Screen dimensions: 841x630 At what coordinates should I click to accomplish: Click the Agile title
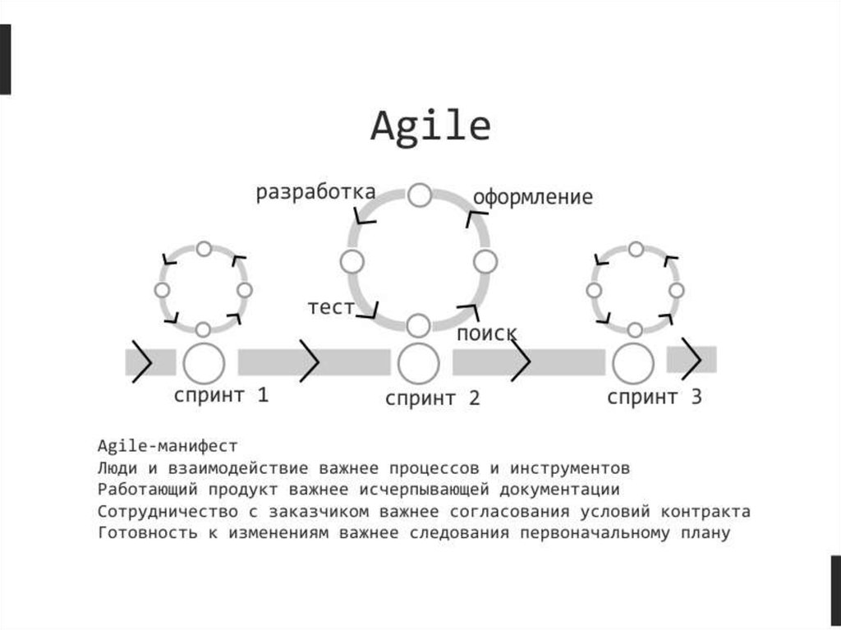(x=430, y=127)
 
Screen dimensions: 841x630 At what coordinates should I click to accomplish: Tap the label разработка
(x=315, y=192)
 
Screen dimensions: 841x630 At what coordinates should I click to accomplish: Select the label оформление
(x=532, y=198)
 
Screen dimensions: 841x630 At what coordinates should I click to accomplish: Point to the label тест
(x=331, y=307)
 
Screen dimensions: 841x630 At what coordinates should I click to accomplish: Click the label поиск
(x=487, y=333)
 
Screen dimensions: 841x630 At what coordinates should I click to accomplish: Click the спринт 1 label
(x=221, y=395)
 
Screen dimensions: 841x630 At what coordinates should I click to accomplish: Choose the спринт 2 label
(x=433, y=399)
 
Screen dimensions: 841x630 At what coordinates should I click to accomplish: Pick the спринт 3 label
(x=655, y=398)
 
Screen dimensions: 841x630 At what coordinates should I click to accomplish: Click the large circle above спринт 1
(x=203, y=362)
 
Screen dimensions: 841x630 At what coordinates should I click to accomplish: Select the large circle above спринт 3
(x=633, y=364)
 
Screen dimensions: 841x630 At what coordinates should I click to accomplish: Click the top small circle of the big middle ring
(x=420, y=195)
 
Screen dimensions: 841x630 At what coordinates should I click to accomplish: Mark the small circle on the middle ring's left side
(x=352, y=262)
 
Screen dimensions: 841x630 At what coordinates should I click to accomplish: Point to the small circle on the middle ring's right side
(x=485, y=262)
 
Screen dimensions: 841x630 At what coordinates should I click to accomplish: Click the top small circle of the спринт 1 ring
(x=204, y=249)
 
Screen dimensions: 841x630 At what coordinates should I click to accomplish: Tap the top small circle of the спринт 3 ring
(x=635, y=249)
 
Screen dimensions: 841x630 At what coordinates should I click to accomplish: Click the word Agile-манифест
(x=167, y=446)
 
